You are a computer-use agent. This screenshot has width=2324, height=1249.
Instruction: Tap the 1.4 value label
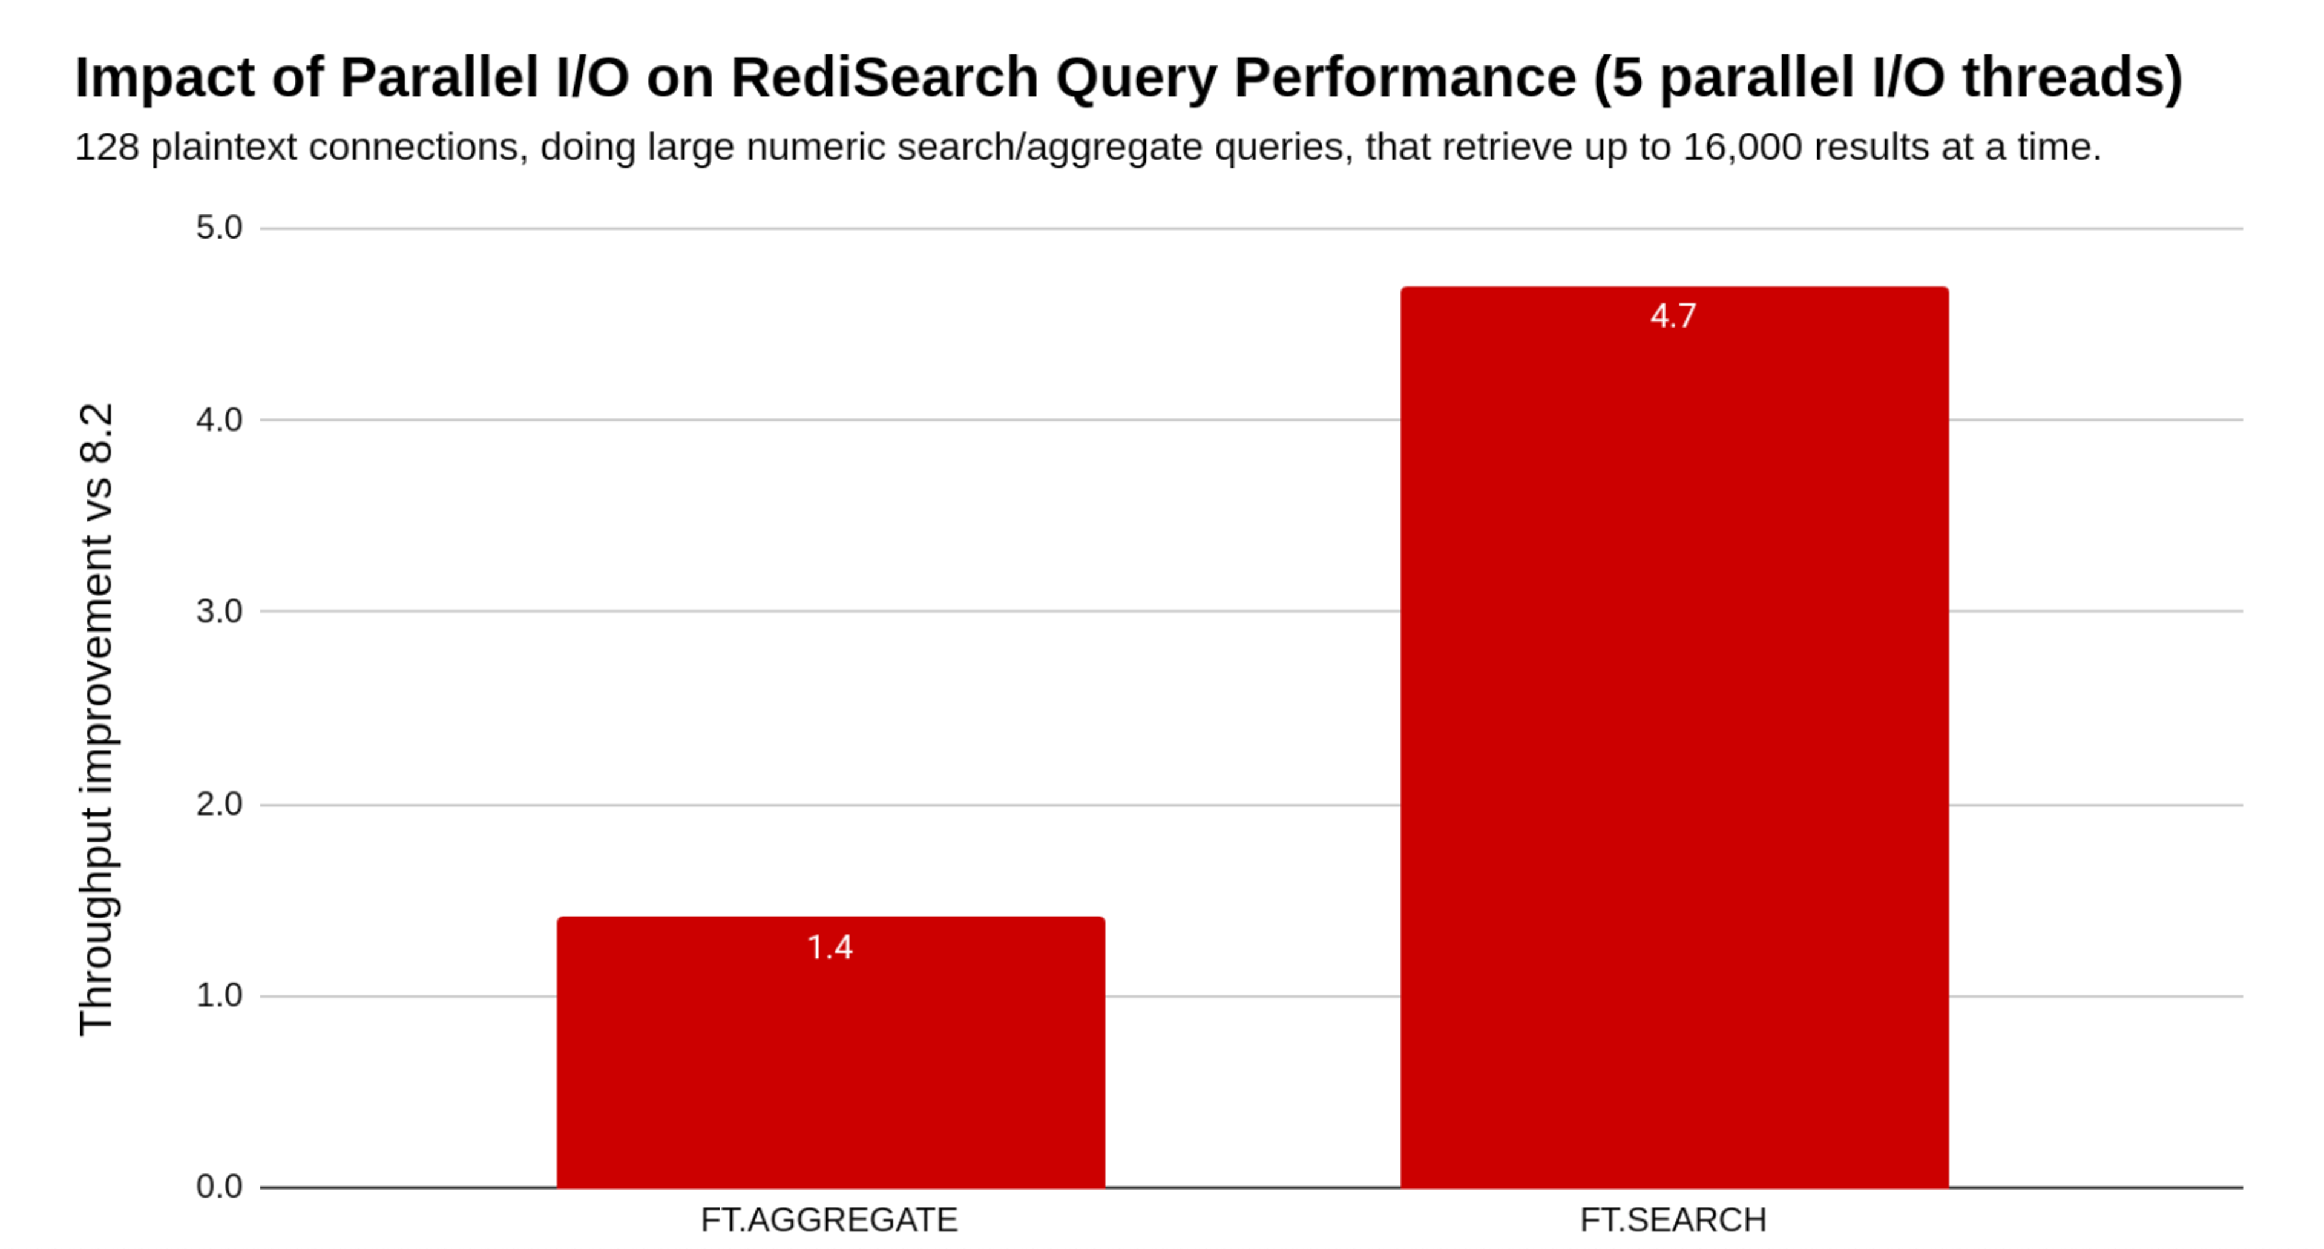point(829,947)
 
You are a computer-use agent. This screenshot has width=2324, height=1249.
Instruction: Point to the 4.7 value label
point(1673,316)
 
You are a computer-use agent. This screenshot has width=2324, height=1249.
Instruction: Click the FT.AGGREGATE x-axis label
point(828,1220)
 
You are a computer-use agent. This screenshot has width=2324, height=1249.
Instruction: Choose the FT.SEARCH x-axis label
point(1673,1220)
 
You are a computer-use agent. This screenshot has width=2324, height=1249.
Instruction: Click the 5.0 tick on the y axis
point(219,228)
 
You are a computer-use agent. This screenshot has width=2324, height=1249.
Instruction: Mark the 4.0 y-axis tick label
point(219,420)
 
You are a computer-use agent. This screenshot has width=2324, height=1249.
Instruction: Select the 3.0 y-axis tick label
point(219,611)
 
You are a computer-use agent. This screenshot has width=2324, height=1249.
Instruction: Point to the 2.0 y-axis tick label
point(219,804)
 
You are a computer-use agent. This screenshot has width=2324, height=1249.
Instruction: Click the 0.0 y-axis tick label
point(219,1187)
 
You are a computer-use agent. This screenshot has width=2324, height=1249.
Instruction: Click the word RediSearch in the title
point(884,77)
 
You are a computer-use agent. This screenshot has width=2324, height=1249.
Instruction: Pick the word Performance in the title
point(1405,77)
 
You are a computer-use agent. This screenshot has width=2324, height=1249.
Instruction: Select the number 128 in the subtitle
point(107,147)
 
